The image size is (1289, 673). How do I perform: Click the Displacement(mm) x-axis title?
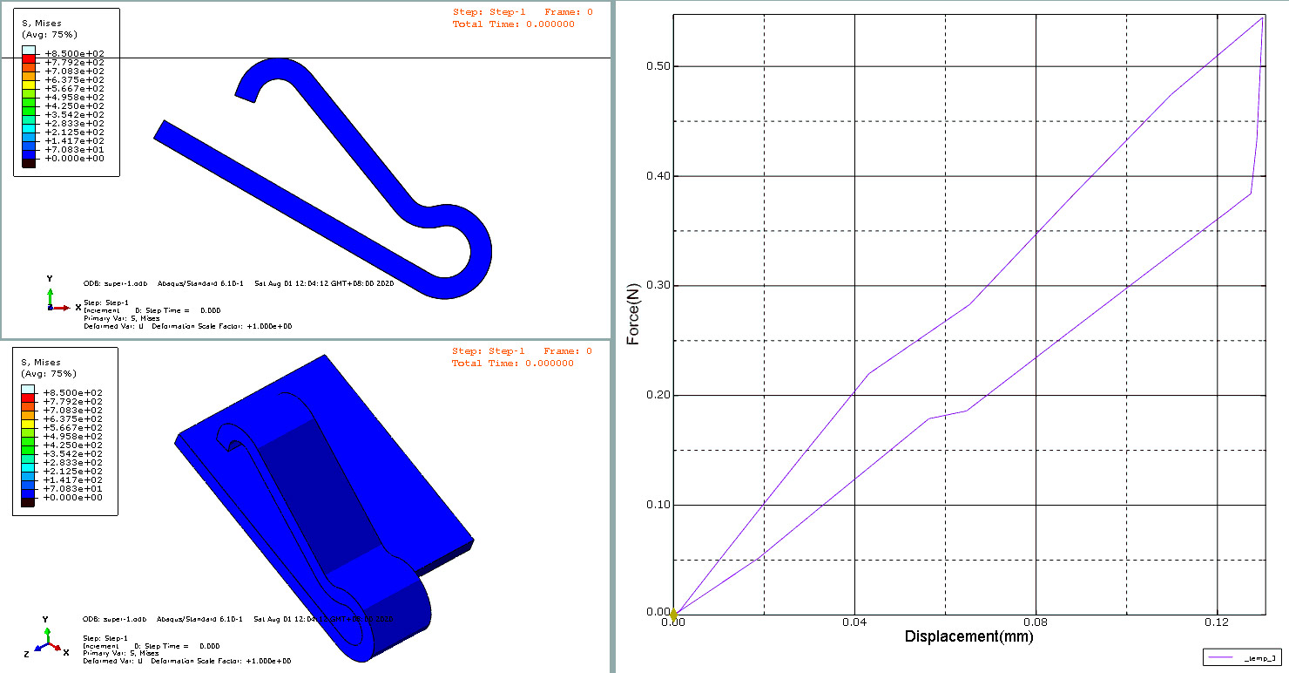point(968,636)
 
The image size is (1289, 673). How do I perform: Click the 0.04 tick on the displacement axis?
point(854,623)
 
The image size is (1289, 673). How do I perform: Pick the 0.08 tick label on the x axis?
point(1036,623)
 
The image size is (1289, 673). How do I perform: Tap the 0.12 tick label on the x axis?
point(1217,623)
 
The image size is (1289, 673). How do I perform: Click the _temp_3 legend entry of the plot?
point(1242,657)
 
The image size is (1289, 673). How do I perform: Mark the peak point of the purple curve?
point(1262,17)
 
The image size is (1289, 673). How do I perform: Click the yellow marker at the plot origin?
point(673,615)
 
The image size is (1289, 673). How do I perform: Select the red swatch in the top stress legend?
point(28,63)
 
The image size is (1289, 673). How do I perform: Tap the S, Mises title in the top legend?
point(41,23)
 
